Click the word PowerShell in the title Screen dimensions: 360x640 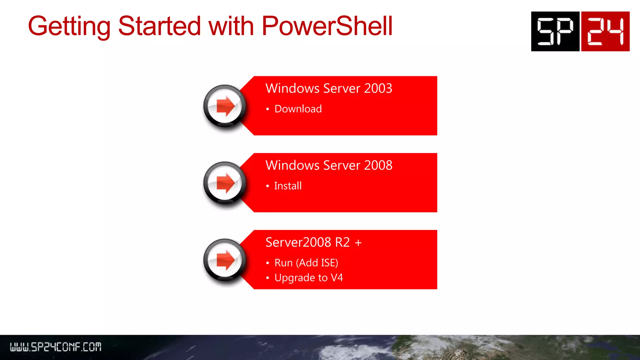[x=327, y=26]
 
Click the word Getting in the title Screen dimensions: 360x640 [x=69, y=27]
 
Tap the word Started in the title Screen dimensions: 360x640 [x=159, y=26]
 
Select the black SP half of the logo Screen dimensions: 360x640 [x=555, y=31]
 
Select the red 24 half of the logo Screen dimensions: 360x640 [x=605, y=31]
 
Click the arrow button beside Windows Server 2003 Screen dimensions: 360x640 [x=225, y=106]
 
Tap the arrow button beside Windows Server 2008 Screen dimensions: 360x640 [x=225, y=183]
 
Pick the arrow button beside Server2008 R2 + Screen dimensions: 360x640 [x=225, y=260]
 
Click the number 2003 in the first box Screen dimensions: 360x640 [x=378, y=88]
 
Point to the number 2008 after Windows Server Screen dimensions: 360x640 [x=378, y=165]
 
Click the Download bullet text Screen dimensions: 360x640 [x=298, y=109]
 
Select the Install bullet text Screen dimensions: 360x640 [x=288, y=186]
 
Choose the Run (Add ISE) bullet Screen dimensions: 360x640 [x=306, y=263]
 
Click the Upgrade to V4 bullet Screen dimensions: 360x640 [x=308, y=277]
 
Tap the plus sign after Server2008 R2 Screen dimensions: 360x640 [x=358, y=243]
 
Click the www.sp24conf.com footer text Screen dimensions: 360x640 [x=56, y=347]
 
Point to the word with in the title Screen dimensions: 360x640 [x=231, y=26]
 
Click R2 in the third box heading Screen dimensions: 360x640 [x=342, y=242]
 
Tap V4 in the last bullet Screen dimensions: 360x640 [x=337, y=277]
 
